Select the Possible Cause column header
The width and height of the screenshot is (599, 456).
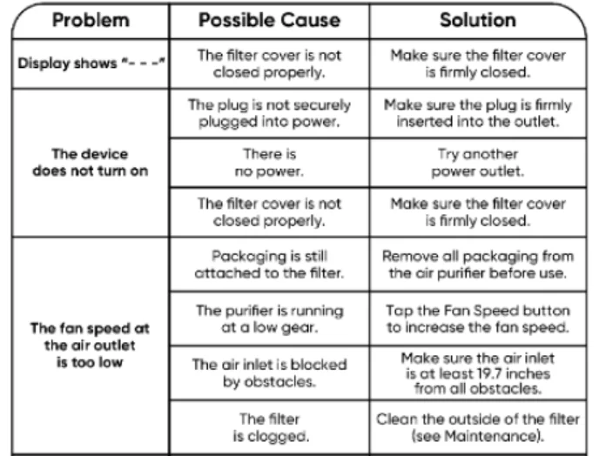click(269, 20)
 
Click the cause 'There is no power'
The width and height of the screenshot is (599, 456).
click(269, 162)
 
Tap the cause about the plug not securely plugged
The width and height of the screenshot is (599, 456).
click(269, 112)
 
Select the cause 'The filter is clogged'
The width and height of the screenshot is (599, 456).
click(269, 426)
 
